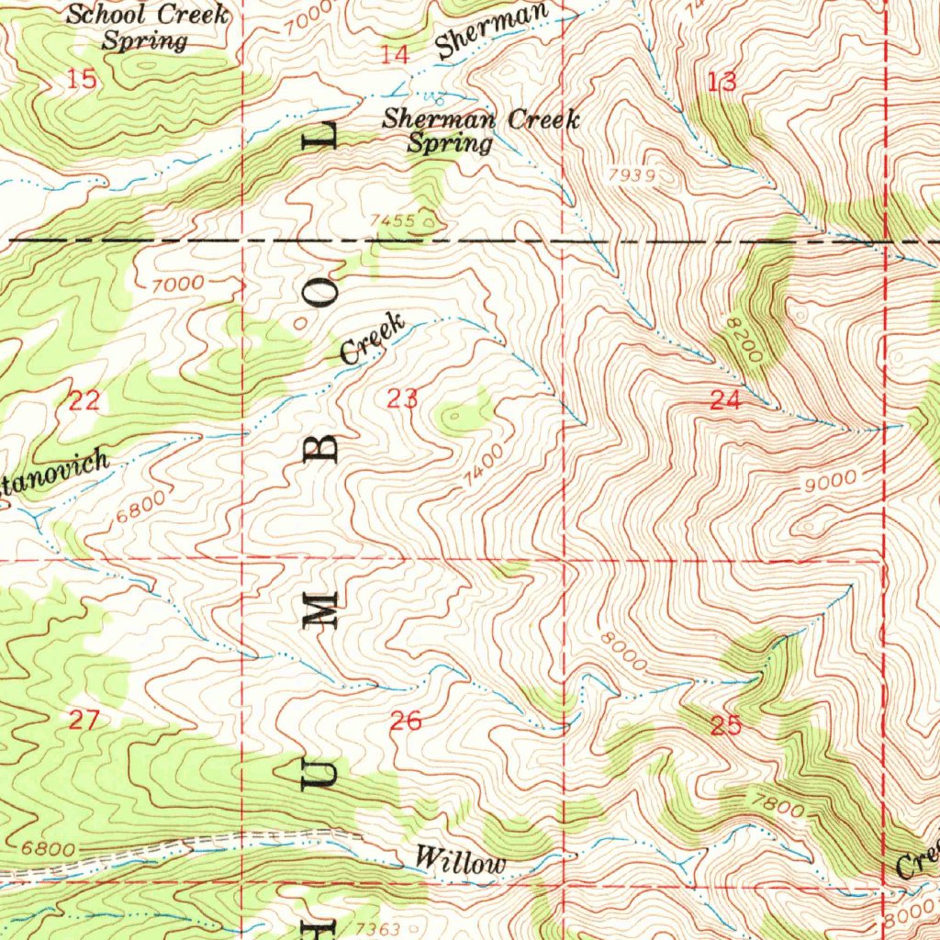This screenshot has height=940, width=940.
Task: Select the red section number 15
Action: [82, 80]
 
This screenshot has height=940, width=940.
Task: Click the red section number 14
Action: [395, 55]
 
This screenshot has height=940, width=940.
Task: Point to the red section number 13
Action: [722, 82]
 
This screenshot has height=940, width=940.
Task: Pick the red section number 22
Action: [84, 400]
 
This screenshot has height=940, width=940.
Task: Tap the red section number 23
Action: [403, 399]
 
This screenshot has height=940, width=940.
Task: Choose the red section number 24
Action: [725, 399]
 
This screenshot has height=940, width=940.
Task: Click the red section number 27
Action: [84, 720]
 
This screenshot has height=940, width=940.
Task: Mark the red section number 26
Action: [406, 722]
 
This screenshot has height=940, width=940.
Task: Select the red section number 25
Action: [725, 726]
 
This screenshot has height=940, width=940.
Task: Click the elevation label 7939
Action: [632, 173]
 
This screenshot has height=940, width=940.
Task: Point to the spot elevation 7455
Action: [393, 220]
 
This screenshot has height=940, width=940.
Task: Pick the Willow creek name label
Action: [460, 862]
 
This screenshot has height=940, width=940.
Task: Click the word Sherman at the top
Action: [492, 29]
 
